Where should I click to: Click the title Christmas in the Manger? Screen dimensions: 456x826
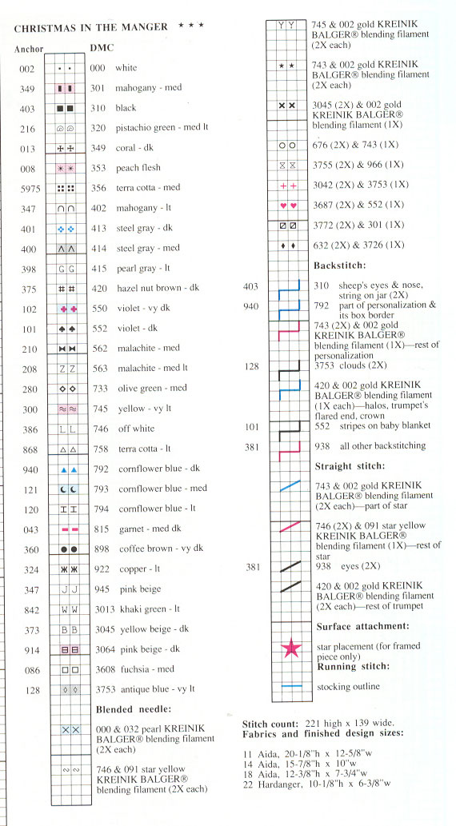click(90, 27)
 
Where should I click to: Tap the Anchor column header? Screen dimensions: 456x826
click(29, 48)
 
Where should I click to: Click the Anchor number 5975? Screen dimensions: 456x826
click(27, 188)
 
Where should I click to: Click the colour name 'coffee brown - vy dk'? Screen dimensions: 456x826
click(159, 549)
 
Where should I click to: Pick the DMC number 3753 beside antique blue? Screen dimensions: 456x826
click(103, 688)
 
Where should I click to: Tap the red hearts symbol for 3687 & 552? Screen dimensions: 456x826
click(286, 205)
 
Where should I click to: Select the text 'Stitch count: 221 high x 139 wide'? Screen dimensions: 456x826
click(315, 724)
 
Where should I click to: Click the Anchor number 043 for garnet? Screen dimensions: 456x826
click(27, 529)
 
